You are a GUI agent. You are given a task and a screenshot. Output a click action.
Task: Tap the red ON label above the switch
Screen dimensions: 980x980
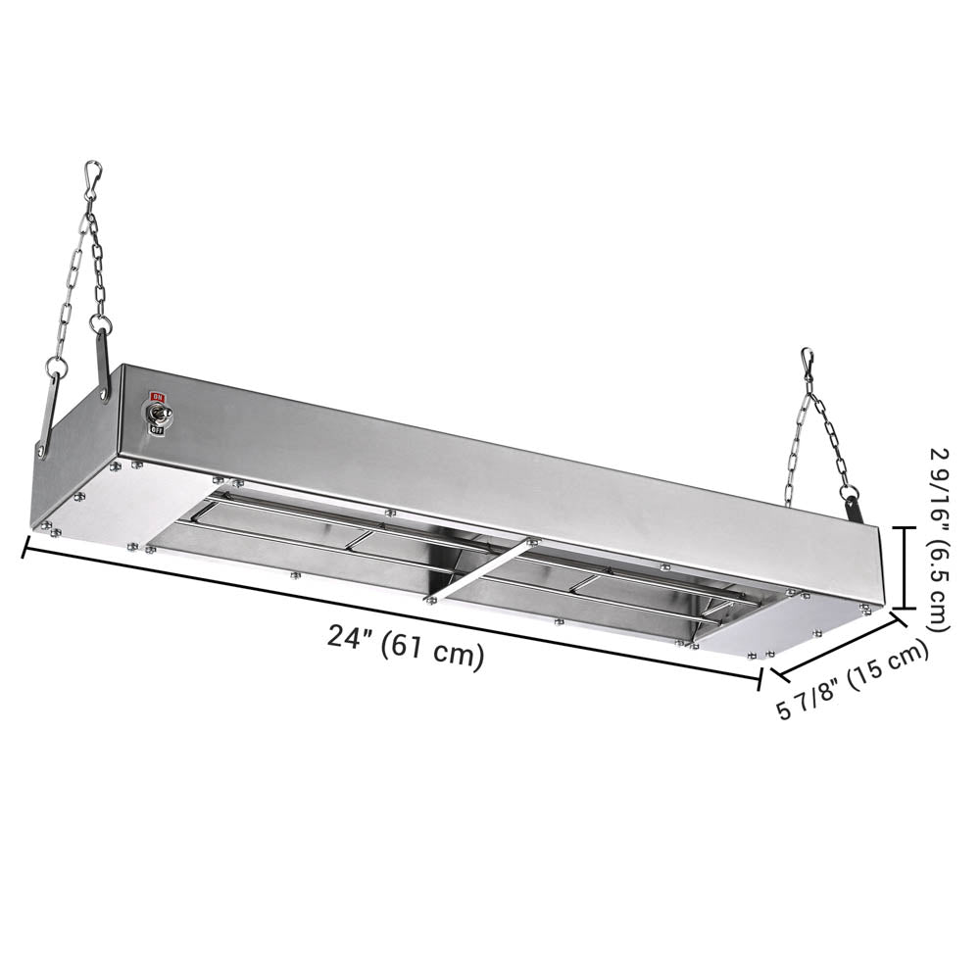tap(155, 397)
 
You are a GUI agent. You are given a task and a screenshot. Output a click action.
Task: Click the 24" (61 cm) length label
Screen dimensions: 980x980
tap(406, 648)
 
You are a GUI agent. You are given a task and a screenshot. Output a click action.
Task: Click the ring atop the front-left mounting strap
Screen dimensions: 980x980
tap(58, 369)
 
